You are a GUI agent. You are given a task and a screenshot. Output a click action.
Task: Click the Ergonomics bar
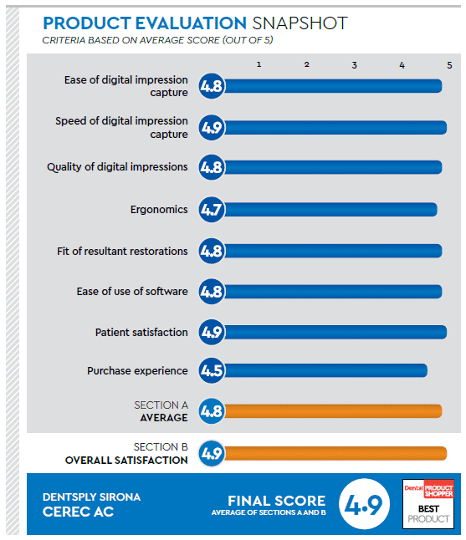[x=330, y=209]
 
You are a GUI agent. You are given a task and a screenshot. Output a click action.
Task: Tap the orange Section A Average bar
[x=333, y=410]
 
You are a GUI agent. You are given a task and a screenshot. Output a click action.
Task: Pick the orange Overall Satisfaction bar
[x=335, y=453]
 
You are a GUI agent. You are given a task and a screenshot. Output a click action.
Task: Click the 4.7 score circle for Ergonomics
[x=212, y=209]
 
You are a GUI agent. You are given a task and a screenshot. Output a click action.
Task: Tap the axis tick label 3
[x=355, y=64]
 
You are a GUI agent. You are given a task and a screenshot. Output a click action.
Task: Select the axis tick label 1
[x=259, y=64]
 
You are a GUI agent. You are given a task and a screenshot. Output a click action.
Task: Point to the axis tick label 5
[x=449, y=64]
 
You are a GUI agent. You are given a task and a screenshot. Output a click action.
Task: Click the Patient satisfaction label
[x=141, y=333]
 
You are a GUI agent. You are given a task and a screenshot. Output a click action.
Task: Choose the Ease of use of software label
[x=132, y=292]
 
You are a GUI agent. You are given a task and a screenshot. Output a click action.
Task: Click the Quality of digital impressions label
[x=117, y=167]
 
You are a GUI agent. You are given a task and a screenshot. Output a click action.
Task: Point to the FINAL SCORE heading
[x=276, y=502]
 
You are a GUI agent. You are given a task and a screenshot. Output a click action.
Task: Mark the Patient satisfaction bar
[x=335, y=333]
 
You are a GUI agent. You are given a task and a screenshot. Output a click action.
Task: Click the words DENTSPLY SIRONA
[x=91, y=497]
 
